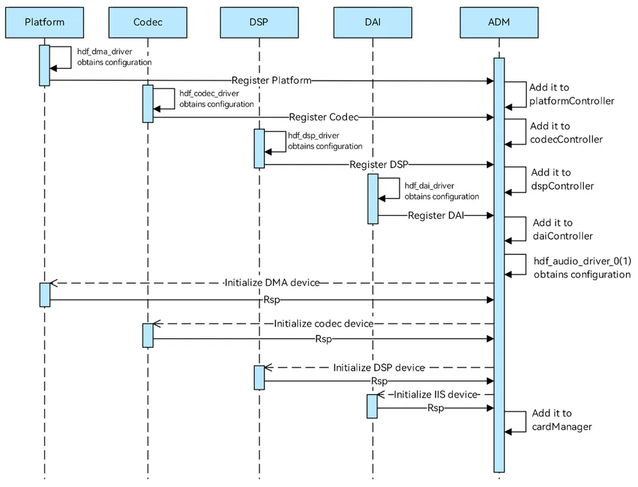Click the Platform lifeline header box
pos(45,22)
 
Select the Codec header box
pos(148,22)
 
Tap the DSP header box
pos(259,22)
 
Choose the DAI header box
pos(373,22)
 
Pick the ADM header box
pos(499,22)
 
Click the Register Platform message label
pos(271,80)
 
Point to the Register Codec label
pos(324,117)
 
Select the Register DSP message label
pos(379,164)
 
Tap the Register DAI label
pos(436,215)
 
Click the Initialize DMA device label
pos(272,282)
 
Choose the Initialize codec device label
pos(323,324)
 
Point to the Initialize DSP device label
pos(379,368)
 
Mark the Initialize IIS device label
pos(435,395)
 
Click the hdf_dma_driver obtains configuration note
pos(114,57)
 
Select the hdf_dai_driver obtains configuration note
pos(441,191)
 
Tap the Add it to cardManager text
pos(561,420)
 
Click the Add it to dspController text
pos(562,179)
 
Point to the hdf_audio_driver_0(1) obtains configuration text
pos(582,268)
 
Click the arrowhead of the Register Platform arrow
pos(490,81)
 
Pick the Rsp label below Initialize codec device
pos(323,338)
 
